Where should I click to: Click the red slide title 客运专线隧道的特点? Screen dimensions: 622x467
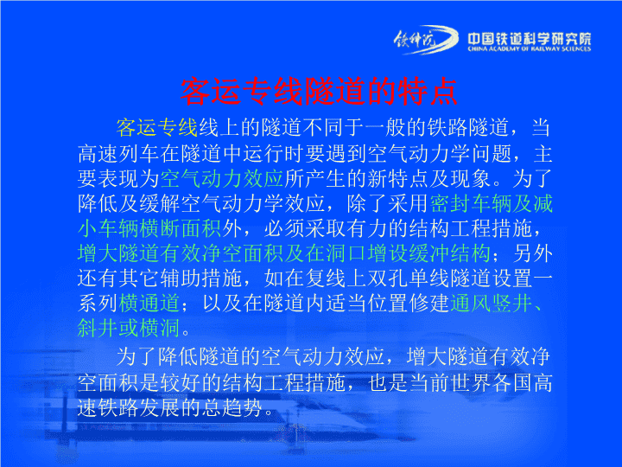click(x=319, y=92)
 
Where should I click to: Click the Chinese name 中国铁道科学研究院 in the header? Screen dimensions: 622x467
click(x=530, y=39)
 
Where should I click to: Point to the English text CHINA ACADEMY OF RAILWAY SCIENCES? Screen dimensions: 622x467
click(x=530, y=48)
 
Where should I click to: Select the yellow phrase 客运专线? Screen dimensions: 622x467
click(x=156, y=127)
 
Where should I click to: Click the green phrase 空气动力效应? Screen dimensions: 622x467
click(x=222, y=178)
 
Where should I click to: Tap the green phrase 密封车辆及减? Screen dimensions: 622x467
click(x=491, y=203)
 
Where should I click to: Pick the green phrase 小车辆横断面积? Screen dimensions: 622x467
click(x=149, y=228)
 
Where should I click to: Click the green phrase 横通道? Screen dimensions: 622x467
click(x=149, y=303)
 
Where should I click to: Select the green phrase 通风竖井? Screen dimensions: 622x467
click(x=491, y=303)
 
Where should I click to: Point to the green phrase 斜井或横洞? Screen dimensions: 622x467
click(x=129, y=328)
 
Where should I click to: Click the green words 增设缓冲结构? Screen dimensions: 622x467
click(x=429, y=253)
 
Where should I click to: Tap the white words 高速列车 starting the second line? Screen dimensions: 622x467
click(x=118, y=153)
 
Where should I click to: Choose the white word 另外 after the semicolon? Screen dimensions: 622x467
click(x=532, y=253)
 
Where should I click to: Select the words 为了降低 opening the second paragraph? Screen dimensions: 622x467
click(x=157, y=356)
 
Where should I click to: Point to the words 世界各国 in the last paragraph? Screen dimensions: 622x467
click(x=491, y=383)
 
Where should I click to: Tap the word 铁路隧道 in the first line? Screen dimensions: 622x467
click(x=468, y=127)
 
